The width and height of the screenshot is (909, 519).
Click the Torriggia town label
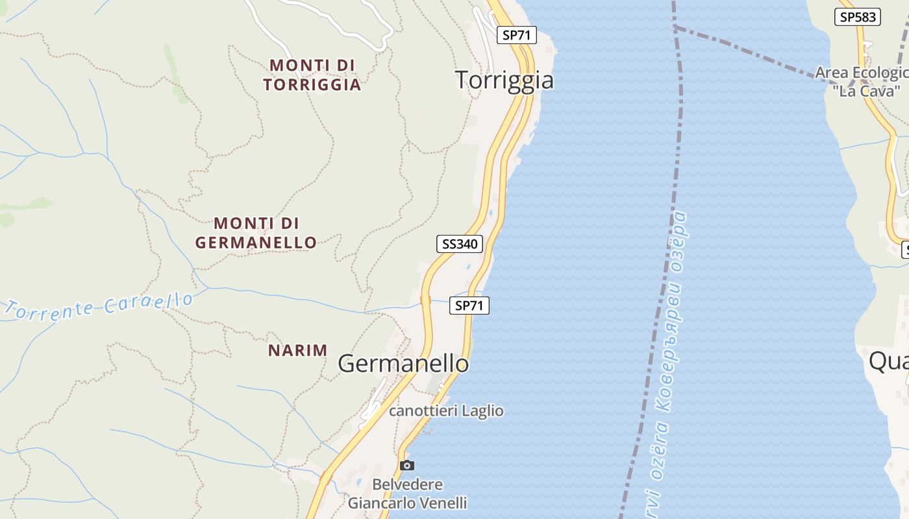(x=504, y=80)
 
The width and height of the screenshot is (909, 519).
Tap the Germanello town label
(x=403, y=363)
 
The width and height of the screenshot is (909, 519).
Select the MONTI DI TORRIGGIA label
(x=312, y=75)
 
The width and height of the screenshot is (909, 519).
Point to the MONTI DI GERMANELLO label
(x=256, y=233)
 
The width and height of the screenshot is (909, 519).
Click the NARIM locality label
(x=298, y=350)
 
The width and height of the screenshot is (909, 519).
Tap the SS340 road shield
(x=460, y=244)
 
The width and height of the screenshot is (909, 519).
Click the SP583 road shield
(x=858, y=18)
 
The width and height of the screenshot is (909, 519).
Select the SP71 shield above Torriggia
(x=517, y=36)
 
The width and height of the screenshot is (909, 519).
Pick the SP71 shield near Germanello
(x=469, y=306)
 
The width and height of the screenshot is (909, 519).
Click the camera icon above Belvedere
(x=407, y=465)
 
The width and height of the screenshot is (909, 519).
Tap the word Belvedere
(x=407, y=485)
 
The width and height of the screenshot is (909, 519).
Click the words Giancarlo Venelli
(x=407, y=503)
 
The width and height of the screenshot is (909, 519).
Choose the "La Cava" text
(x=866, y=91)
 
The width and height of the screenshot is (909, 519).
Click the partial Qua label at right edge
(x=888, y=361)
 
